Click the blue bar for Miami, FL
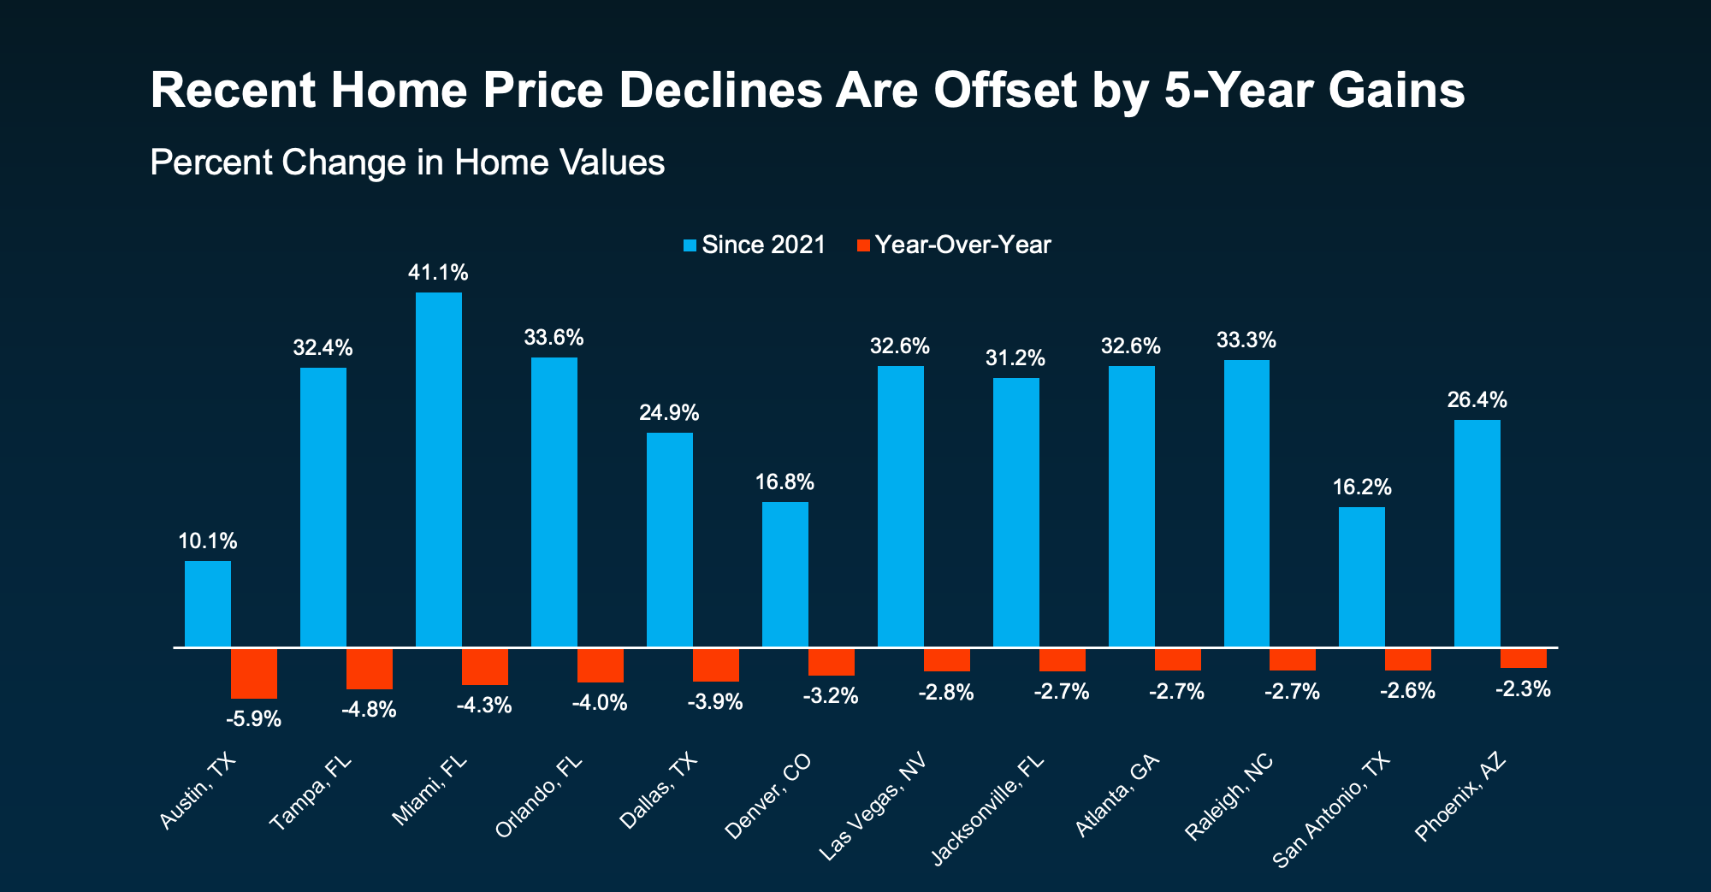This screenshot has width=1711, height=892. (439, 470)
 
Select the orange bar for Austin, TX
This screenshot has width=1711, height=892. (254, 674)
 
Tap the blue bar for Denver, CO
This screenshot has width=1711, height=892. (785, 575)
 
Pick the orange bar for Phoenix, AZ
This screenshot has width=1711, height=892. (1524, 658)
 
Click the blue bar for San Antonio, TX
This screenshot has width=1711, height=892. (1362, 577)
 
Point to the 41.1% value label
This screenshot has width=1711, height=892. (438, 274)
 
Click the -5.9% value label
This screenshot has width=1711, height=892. (253, 719)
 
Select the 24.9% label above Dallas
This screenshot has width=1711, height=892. (669, 413)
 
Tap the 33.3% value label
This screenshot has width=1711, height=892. (1246, 340)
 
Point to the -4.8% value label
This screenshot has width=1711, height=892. (369, 710)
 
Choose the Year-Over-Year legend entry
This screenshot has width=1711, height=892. (954, 245)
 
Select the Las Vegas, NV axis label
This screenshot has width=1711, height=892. (873, 807)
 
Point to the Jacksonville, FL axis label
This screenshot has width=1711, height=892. (988, 809)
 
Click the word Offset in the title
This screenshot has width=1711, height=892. (1005, 90)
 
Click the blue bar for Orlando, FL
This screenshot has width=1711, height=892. (554, 502)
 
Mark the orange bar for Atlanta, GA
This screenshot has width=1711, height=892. (1178, 659)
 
